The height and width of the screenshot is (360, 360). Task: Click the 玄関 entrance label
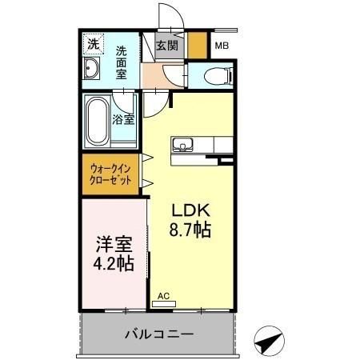coord(167,45)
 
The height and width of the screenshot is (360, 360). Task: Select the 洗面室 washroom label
coord(122,62)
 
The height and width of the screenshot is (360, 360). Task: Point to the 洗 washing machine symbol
coord(93,46)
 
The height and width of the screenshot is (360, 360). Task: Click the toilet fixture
coord(217,77)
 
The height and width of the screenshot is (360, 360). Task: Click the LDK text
coord(192,210)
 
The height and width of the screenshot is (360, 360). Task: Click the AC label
coord(163,295)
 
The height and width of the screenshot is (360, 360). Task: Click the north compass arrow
coord(270,342)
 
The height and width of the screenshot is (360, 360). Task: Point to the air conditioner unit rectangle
coord(163,304)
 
